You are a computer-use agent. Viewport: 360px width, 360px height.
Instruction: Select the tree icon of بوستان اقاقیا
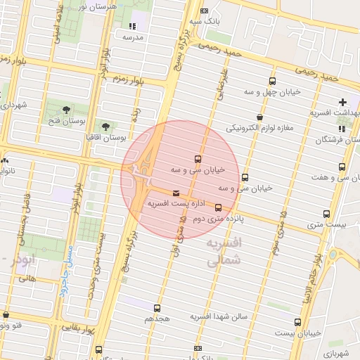[105, 127]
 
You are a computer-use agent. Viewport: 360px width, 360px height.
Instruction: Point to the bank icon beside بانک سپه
[204, 12]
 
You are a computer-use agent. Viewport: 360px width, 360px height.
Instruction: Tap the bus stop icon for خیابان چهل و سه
[273, 80]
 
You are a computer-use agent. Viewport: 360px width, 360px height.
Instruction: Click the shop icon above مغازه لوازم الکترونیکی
[260, 117]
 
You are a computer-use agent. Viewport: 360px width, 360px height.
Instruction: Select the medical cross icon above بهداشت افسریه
[343, 102]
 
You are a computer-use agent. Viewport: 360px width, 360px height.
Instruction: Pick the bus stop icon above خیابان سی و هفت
[342, 167]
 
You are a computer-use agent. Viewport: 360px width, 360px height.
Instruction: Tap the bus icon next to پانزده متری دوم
[218, 207]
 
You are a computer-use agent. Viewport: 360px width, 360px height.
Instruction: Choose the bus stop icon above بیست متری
[326, 214]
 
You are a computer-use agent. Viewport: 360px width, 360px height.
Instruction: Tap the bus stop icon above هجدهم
[156, 308]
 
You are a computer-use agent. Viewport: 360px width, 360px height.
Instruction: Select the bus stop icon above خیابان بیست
[297, 322]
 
